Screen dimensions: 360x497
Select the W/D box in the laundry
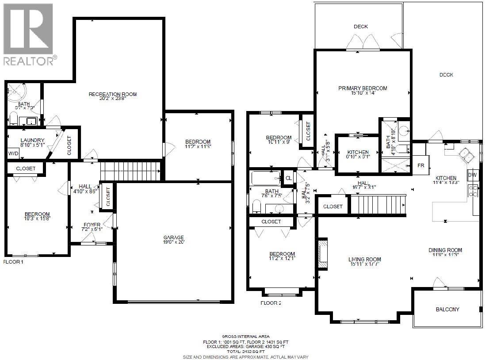click(x=13, y=153)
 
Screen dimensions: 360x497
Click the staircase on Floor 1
click(x=130, y=170)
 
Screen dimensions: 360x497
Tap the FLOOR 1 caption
click(x=13, y=262)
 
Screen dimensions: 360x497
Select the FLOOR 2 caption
click(x=271, y=303)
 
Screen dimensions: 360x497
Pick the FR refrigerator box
click(x=420, y=166)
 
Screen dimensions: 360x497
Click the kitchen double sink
click(x=465, y=155)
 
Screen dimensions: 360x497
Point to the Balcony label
click(x=447, y=310)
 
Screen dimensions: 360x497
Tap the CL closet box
click(x=288, y=178)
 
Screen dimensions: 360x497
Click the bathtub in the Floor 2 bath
click(x=266, y=179)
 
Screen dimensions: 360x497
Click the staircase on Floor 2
click(x=378, y=204)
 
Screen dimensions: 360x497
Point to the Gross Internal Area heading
click(x=246, y=337)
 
